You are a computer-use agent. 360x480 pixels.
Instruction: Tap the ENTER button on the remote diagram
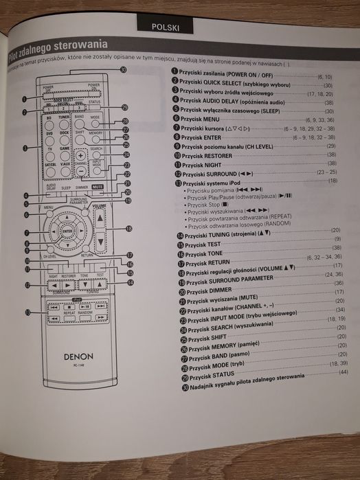coord(67,231)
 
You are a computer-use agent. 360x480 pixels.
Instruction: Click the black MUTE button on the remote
coord(98,186)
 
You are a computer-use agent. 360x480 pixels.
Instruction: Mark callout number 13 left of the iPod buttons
coord(27,313)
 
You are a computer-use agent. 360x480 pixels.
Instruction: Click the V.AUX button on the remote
coord(66,164)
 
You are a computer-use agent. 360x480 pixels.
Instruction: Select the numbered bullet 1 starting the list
coord(175,71)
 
